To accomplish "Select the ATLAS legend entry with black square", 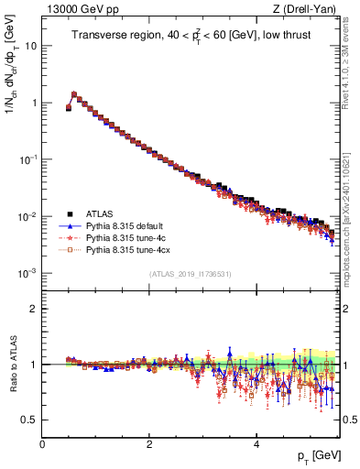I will (x=102, y=211).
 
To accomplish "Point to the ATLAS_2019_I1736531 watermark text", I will (x=190, y=274).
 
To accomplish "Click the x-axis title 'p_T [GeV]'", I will (x=314, y=455).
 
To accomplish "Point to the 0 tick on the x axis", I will (x=42, y=443).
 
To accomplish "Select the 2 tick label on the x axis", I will (x=149, y=443).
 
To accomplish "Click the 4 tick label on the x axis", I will (x=256, y=443).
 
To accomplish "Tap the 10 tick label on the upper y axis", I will (x=30, y=46).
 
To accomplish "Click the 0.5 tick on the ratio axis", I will (x=27, y=420).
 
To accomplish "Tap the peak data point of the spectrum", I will (x=74, y=93).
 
